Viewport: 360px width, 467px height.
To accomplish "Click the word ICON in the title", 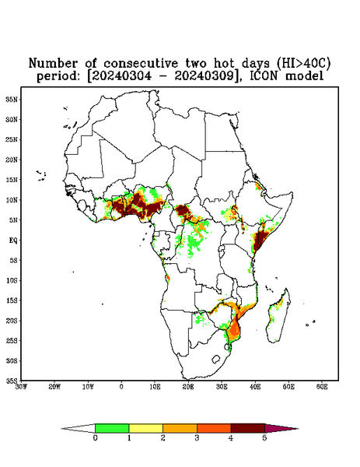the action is pos(264,76).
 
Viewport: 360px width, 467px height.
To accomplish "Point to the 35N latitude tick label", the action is pos(12,99).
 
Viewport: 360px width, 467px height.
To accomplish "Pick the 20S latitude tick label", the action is pos(12,321).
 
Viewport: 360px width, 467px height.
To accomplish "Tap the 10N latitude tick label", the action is pos(12,200).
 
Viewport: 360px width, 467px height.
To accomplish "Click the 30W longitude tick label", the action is pos(21,387).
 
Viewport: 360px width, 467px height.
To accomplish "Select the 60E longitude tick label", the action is pos(322,387).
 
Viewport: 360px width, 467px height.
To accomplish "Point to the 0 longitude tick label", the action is pos(121,387).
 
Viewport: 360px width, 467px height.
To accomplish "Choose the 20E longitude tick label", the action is pos(188,387).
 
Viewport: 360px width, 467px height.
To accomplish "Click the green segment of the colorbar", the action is pos(112,428).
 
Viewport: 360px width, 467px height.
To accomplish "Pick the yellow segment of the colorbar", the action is pos(145,428).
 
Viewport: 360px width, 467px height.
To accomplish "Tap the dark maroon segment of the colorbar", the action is pos(248,428).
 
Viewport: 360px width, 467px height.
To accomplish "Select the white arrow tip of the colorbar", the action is pos(79,428).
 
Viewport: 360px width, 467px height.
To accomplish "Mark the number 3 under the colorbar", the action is pos(197,438).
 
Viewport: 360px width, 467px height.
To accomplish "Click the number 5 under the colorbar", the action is pos(264,438).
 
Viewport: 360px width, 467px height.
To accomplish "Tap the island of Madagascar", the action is pos(278,318).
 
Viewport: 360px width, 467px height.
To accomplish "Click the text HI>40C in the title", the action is pos(303,64).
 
